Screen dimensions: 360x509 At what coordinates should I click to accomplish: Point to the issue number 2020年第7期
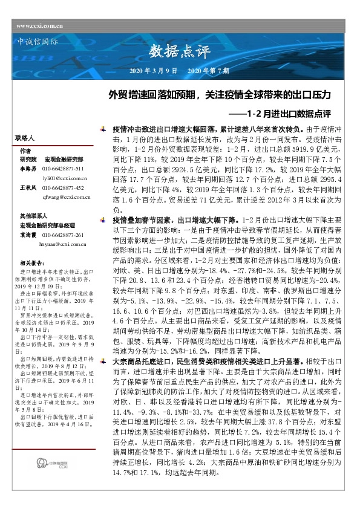[208, 71]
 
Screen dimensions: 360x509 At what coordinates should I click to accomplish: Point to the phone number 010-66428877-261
[63, 235]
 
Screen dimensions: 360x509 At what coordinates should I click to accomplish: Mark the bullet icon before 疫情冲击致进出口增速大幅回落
[106, 129]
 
